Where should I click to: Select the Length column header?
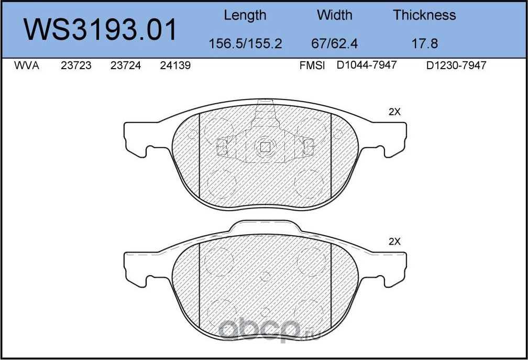[245, 15]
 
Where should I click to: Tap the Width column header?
[335, 15]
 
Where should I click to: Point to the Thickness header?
[424, 15]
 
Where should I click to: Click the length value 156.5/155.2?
[245, 43]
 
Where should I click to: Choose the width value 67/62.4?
[334, 43]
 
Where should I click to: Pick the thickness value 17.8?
[424, 43]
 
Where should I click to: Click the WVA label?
[26, 66]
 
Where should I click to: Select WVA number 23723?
[76, 66]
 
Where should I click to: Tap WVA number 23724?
[126, 66]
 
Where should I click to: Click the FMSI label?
[312, 66]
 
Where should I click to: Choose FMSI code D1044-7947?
[367, 66]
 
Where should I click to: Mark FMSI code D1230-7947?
[456, 66]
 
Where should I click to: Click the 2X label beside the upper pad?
[394, 112]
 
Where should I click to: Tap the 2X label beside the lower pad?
[394, 242]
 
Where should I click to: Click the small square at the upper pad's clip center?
[266, 147]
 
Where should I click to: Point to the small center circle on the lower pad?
[266, 277]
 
